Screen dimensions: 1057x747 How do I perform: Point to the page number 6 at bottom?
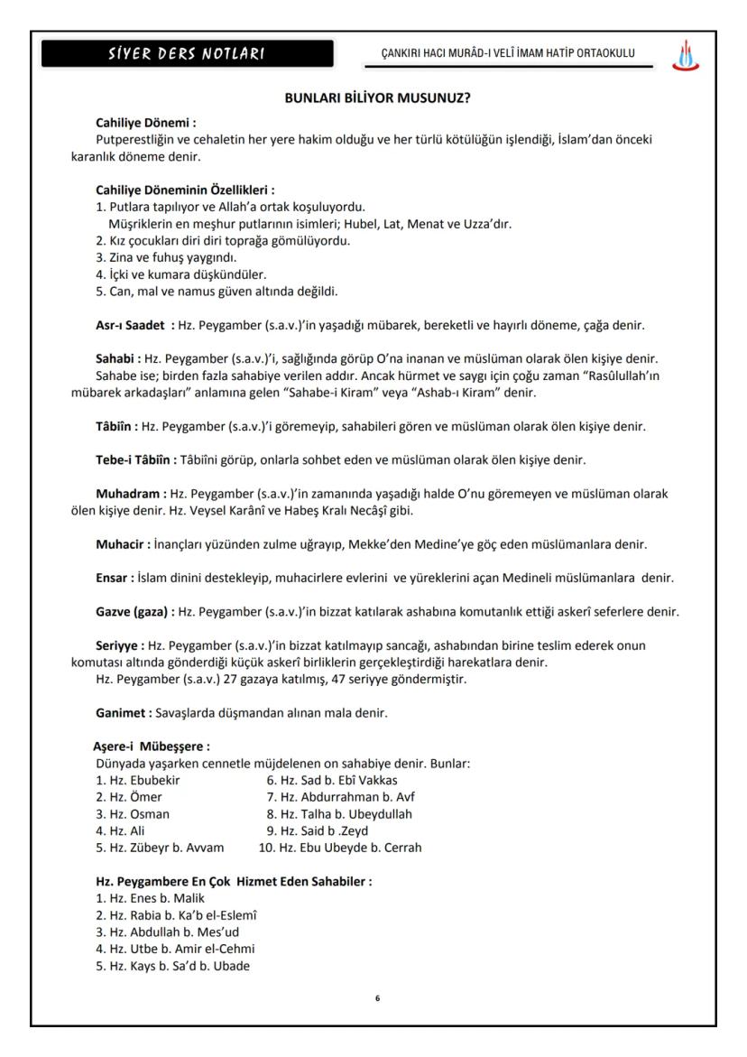point(377,1000)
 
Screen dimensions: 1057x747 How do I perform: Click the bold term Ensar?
point(115,578)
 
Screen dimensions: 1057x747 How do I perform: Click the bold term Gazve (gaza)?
point(134,612)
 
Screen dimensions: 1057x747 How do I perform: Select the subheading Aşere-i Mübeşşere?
point(152,746)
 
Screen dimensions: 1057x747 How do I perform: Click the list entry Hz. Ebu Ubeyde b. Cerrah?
point(340,848)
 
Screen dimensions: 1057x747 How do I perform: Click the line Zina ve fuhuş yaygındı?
point(148,257)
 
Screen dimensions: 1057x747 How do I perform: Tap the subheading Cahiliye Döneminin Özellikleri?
point(185,190)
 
